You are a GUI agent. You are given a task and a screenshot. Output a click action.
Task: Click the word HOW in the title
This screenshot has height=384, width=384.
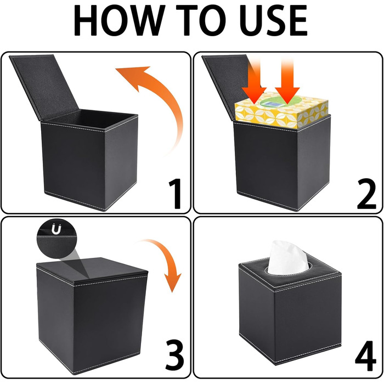pos(119,21)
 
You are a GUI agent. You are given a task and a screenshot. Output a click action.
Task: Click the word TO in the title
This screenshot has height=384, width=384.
pos(201,21)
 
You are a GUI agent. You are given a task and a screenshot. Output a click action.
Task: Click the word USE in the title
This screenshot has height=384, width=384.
pos(273,21)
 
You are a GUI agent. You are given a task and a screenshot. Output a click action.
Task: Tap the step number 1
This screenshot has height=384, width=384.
pos(175,194)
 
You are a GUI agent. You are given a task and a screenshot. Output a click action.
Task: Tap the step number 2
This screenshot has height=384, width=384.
pos(366,194)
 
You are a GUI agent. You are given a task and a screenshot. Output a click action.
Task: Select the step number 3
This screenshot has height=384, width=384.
pos(174,355)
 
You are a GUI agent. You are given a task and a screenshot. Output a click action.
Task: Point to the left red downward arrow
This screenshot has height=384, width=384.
pos(254,83)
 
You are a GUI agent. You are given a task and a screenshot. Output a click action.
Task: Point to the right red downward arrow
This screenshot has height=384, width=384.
pos(287,83)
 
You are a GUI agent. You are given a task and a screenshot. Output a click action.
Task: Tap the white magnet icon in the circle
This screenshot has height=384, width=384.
pos(56,229)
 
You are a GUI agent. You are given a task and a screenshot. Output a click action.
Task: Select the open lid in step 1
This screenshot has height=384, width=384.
pos(44,87)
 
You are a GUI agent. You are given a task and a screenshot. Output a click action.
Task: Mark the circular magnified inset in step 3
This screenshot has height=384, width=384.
pos(57,239)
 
